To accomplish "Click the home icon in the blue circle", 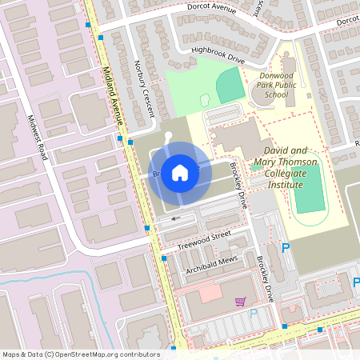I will click(180, 172).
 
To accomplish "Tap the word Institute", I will click(285, 185).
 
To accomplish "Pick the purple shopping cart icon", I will click(239, 302).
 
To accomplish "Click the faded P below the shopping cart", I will click(254, 314).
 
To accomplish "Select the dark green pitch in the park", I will click(230, 84).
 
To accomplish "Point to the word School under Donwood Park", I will click(276, 94).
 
